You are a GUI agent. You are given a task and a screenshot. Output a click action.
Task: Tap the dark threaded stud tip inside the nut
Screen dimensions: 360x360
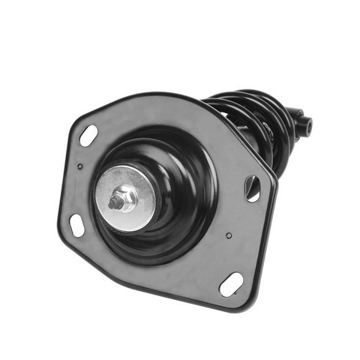tap(118, 202)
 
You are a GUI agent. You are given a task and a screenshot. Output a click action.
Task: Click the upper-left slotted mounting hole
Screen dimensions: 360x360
tap(88, 136)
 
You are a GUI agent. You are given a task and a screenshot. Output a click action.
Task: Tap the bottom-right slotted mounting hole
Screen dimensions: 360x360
tap(230, 284)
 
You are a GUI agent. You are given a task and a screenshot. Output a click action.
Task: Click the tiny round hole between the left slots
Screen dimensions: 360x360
tap(80, 166)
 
